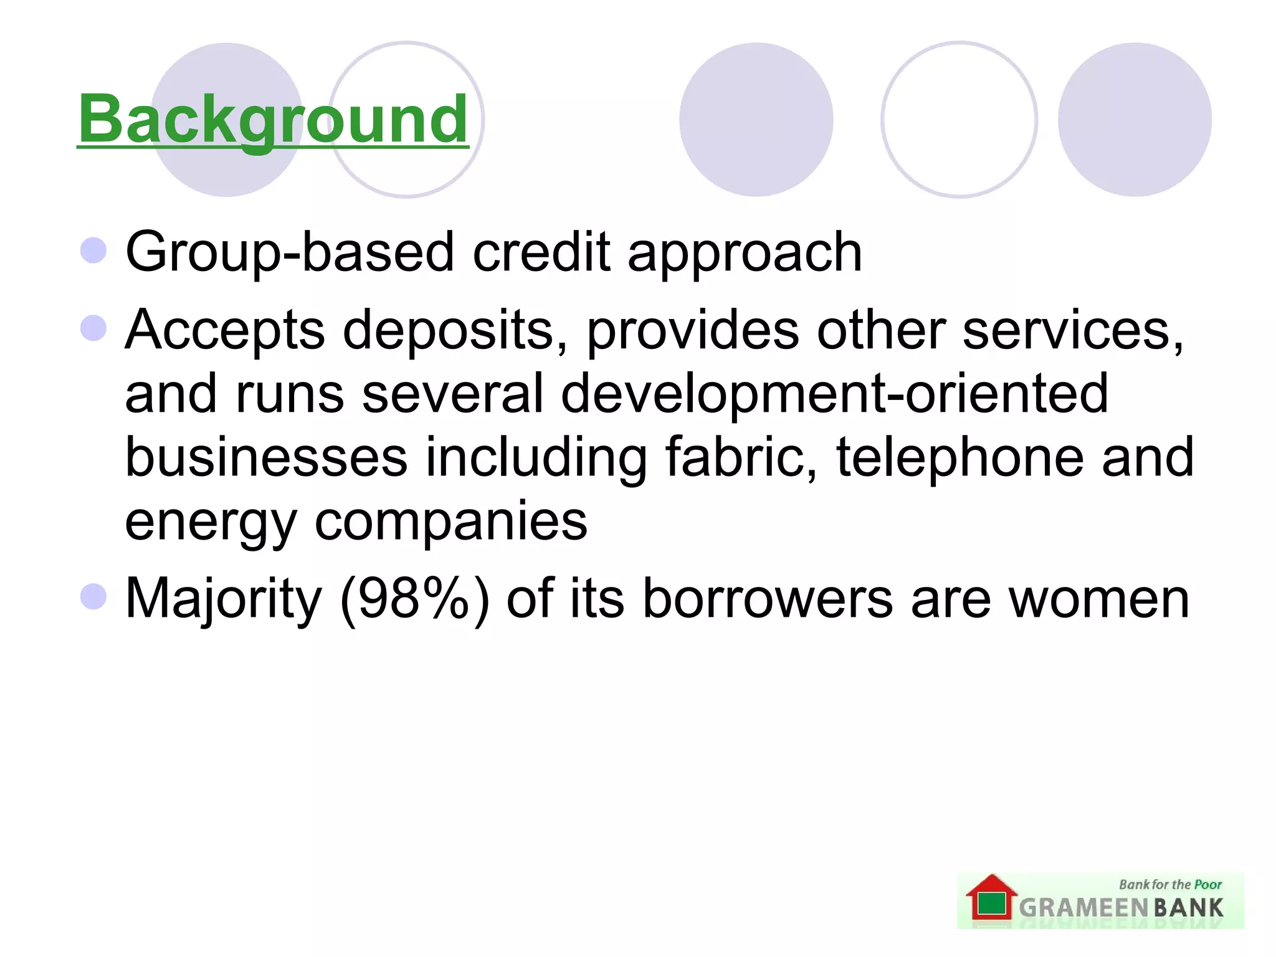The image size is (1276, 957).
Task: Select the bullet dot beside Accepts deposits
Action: (93, 328)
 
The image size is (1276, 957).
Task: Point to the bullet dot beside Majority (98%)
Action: (93, 596)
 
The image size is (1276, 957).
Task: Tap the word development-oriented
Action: (834, 394)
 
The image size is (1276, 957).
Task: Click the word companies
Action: (450, 523)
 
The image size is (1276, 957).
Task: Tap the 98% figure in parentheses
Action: (414, 599)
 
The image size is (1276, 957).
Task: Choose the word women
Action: (1099, 599)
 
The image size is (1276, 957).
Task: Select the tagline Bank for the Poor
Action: (1170, 885)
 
